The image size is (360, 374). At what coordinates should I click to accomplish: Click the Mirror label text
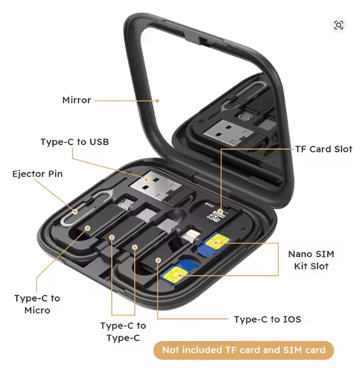coord(76,100)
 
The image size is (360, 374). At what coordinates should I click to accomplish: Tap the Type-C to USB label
coord(74,142)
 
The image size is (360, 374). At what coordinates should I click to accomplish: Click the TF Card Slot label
coord(324,149)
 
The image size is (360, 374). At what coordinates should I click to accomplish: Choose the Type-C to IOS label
coord(267,319)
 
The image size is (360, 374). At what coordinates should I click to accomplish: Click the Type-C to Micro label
coord(37,304)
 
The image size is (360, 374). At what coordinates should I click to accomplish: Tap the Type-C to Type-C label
coord(123,332)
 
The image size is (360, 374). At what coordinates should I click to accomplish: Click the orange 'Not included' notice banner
coord(243,350)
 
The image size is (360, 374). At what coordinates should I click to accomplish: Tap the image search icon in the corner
coord(339,25)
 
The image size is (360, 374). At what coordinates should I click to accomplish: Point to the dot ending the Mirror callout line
coord(158,100)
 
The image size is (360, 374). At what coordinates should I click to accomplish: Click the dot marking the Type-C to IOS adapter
coord(158,260)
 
